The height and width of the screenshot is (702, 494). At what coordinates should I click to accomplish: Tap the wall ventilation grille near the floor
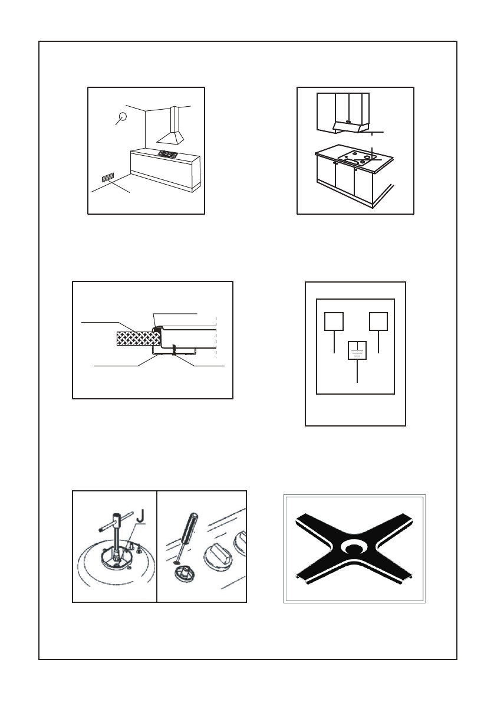tap(108, 178)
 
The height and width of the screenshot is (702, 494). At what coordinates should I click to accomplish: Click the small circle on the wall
tap(122, 117)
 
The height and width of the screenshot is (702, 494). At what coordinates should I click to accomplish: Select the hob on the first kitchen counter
tap(168, 155)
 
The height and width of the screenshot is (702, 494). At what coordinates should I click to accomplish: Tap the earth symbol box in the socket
tap(357, 350)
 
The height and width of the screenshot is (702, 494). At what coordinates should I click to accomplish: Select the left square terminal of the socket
tap(334, 322)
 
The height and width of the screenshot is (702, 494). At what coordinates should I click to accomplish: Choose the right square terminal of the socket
tap(378, 322)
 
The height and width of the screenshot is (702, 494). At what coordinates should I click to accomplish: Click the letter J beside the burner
tap(141, 516)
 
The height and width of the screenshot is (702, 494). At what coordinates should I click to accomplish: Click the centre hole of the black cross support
tap(354, 547)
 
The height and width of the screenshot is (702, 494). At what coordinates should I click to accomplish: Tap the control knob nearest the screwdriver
tap(218, 555)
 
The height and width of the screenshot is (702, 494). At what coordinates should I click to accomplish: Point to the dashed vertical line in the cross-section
tap(216, 336)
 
